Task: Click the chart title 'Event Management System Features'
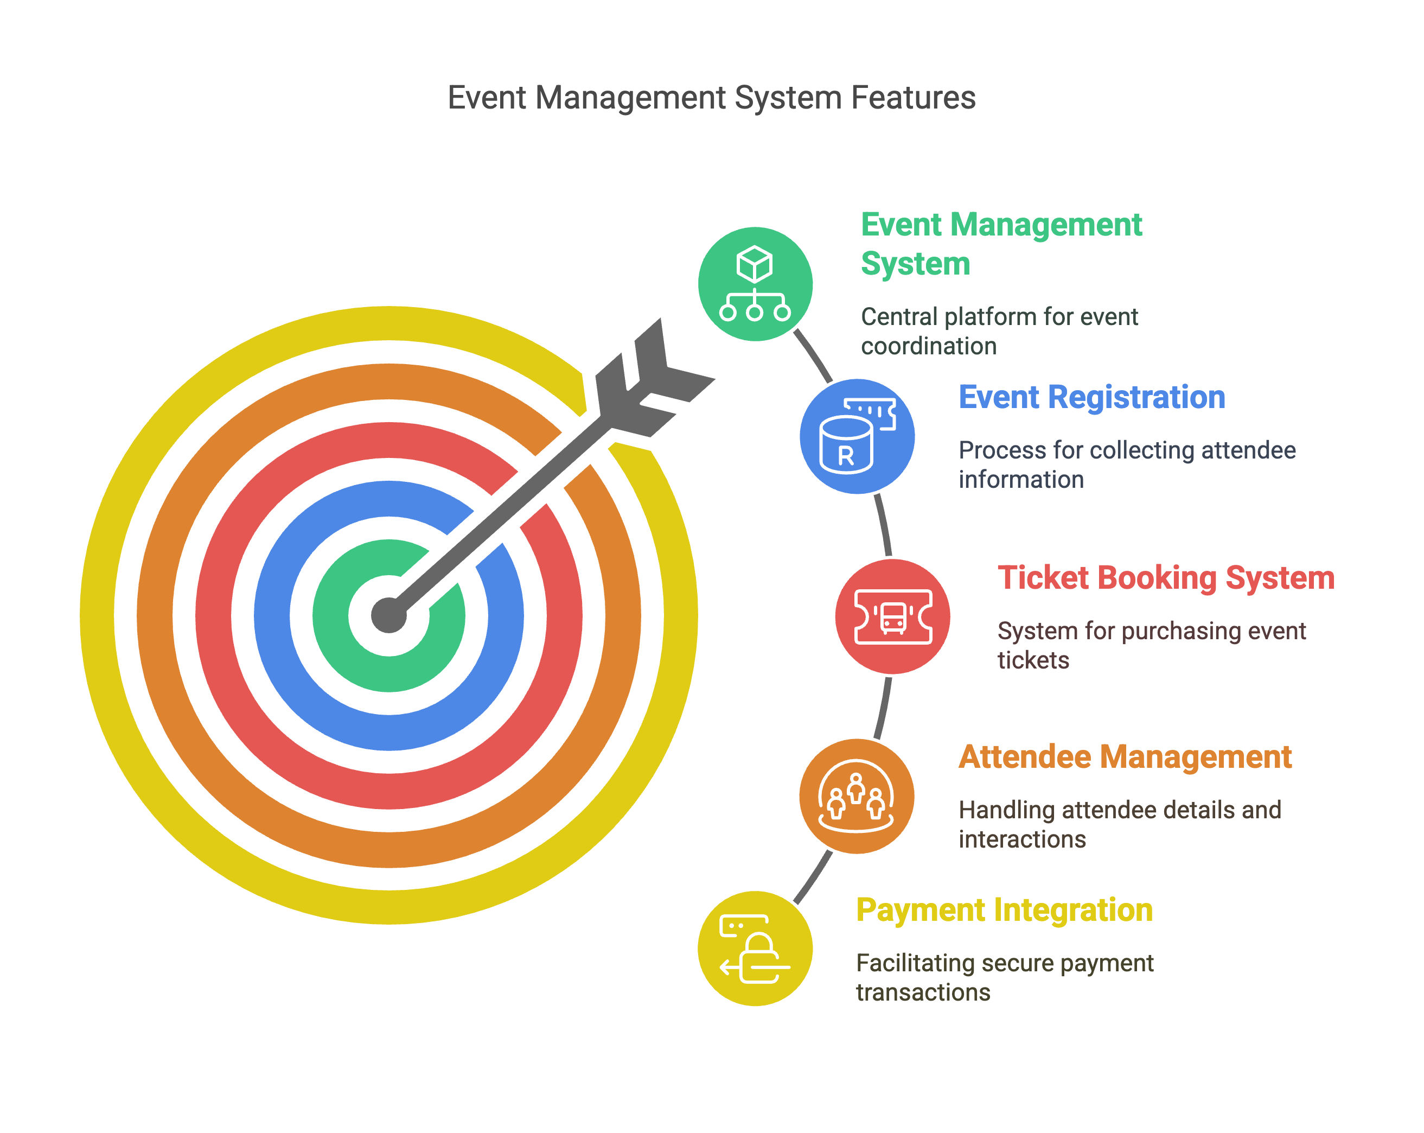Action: [711, 98]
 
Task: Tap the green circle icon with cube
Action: [755, 284]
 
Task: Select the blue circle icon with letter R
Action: [857, 436]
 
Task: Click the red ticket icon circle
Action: [892, 616]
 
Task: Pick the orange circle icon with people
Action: [857, 796]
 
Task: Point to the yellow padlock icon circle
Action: [755, 949]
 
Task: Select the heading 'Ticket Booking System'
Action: [1166, 577]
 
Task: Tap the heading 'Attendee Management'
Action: [1125, 757]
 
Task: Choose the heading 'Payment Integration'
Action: [1004, 911]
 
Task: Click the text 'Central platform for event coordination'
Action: [999, 332]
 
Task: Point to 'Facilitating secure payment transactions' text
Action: [1005, 978]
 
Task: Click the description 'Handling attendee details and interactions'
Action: [1120, 824]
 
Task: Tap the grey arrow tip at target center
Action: [389, 615]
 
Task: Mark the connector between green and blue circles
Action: [813, 355]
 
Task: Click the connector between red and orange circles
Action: [884, 708]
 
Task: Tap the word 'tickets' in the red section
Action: [1033, 660]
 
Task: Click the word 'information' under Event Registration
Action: [1021, 480]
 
